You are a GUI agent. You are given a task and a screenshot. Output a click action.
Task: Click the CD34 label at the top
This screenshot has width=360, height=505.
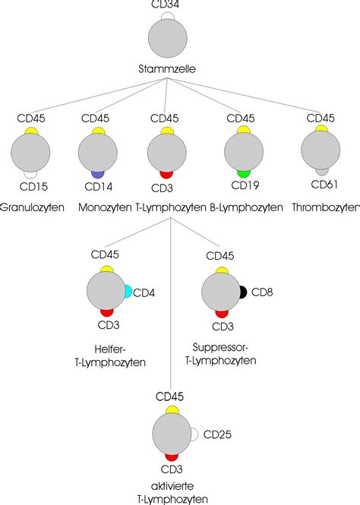(166, 5)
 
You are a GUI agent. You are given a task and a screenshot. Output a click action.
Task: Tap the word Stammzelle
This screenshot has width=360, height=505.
(167, 69)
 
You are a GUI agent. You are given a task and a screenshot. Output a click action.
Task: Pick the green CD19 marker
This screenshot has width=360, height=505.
(243, 173)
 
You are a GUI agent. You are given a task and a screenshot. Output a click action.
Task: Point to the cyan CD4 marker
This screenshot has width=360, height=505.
(127, 291)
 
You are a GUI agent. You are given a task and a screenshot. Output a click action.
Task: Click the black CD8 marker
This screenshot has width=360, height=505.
(242, 292)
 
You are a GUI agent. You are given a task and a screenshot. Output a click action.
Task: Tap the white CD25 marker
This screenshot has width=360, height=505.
(194, 434)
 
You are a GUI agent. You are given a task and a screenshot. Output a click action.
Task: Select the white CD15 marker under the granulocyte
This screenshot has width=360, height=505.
(30, 173)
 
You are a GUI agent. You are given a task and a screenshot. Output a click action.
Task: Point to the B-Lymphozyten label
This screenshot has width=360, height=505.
(246, 207)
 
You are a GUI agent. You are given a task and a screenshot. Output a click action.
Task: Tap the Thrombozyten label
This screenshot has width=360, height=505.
(326, 207)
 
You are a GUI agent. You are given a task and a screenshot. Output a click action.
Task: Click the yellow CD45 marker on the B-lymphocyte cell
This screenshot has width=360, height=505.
(243, 131)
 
